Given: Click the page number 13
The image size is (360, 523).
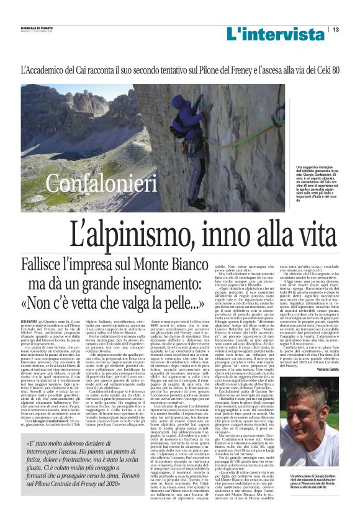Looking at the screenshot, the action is (336, 29).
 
